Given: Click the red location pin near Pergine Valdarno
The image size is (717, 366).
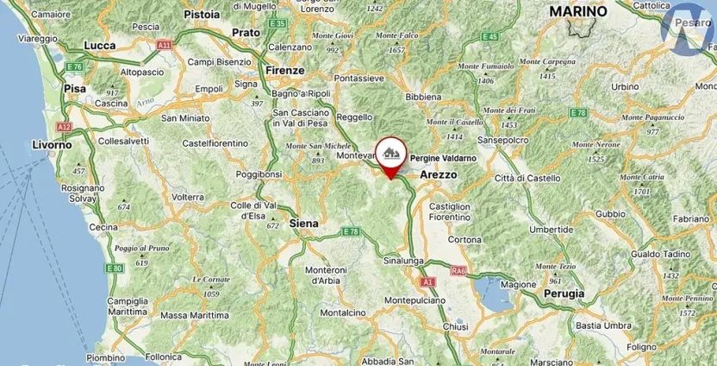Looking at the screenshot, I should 391,155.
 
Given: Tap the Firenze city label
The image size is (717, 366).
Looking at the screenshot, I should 284,70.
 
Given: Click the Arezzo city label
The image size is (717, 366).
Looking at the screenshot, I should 438,174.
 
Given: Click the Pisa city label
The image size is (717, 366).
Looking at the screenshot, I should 74,88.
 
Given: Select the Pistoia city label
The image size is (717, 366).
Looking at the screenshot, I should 202,15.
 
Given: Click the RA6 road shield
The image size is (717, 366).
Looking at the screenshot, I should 458,271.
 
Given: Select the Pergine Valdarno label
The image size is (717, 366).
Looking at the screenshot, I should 442,159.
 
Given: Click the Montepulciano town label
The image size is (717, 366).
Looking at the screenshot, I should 415,300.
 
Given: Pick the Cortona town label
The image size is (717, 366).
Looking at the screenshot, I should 464,239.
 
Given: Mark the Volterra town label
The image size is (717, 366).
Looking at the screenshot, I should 188,197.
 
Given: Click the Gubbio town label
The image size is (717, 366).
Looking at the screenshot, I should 610,213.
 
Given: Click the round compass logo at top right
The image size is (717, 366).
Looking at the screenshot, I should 687,28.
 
